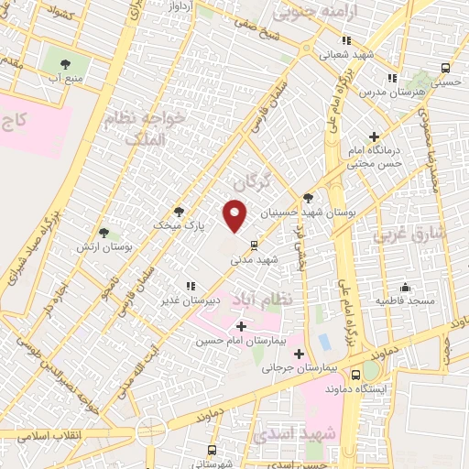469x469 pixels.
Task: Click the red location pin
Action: coord(236,215)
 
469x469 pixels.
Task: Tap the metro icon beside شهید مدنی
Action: coord(254,245)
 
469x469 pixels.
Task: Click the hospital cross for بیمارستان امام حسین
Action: coord(242,326)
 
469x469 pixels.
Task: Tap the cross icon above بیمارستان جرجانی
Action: coord(299,353)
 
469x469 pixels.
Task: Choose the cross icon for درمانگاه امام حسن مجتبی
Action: coord(375,136)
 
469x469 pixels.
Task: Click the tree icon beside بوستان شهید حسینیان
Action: coord(308,198)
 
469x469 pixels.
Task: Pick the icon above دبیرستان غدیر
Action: coord(191,286)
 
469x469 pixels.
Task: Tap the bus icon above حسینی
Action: coord(445,68)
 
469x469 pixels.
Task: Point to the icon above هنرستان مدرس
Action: coord(392,79)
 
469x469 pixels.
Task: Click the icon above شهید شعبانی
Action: coord(346,40)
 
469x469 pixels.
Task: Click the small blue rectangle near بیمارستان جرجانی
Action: coord(324,342)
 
